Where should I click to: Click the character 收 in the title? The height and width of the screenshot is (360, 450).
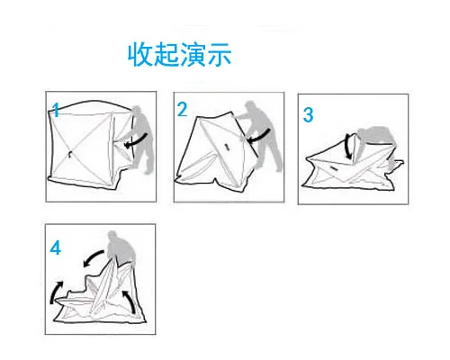[139, 54]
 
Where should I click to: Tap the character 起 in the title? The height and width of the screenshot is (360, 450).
[166, 54]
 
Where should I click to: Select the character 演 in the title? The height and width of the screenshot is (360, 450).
[193, 54]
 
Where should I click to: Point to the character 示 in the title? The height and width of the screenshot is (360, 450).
[220, 54]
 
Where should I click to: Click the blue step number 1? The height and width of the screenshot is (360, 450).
[56, 110]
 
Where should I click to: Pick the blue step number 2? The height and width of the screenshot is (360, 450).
[182, 109]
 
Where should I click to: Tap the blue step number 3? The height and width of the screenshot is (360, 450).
[308, 114]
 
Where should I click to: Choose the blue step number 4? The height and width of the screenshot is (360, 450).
[56, 248]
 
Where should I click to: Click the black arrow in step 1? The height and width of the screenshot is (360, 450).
[137, 140]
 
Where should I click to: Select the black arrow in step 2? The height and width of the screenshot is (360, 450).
[260, 136]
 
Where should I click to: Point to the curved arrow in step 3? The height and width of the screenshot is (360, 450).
[346, 147]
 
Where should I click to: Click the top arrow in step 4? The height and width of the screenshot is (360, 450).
[93, 257]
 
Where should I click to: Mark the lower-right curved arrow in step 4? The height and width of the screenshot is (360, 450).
[130, 301]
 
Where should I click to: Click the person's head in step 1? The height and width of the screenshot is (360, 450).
[137, 110]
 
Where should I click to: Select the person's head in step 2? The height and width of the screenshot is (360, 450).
[250, 106]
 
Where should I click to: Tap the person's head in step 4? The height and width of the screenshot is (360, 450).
[112, 236]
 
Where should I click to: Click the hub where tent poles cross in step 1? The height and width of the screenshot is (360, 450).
[69, 154]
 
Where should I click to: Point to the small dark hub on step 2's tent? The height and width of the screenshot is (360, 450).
[227, 147]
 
